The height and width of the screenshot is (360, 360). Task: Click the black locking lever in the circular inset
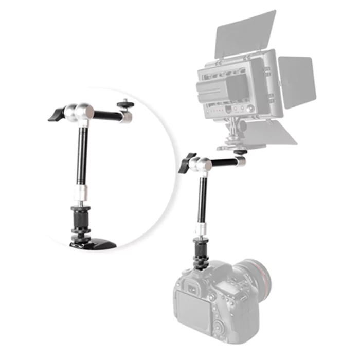56,115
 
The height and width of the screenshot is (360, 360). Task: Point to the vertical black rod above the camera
201,201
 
